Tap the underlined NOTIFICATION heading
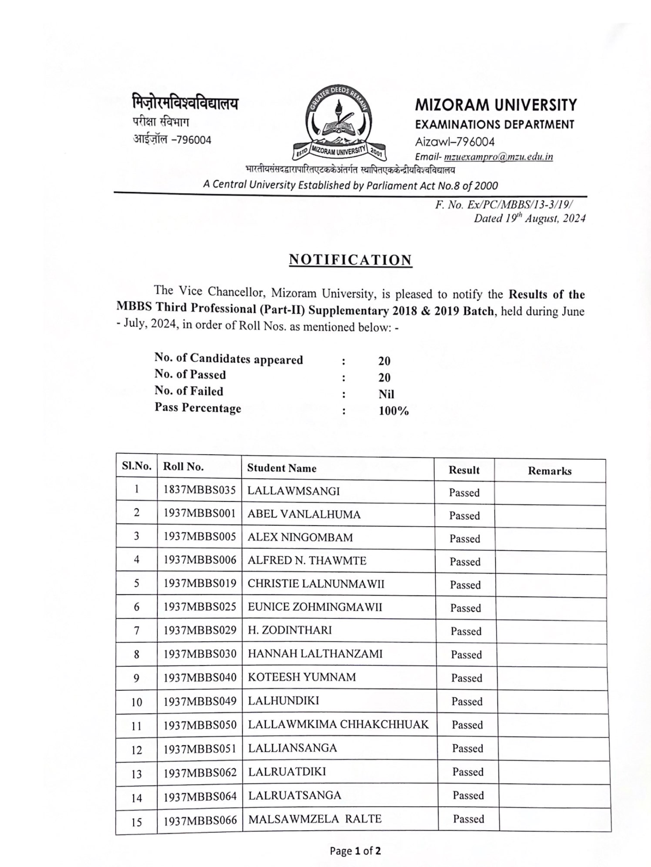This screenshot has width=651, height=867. pyautogui.click(x=350, y=260)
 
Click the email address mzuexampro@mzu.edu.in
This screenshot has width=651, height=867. pyautogui.click(x=498, y=157)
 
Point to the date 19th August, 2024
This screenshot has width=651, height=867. pyautogui.click(x=530, y=218)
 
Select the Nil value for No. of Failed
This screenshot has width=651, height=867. pyautogui.click(x=386, y=394)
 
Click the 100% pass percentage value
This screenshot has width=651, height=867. pyautogui.click(x=393, y=411)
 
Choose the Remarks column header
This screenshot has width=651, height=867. pyautogui.click(x=549, y=471)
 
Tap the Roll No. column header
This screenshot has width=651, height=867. pyautogui.click(x=183, y=467)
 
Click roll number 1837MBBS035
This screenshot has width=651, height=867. pyautogui.click(x=199, y=490)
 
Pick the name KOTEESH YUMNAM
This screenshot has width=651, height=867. pyautogui.click(x=302, y=677)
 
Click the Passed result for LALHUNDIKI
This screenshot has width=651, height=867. pyautogui.click(x=467, y=701)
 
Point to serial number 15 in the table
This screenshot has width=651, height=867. pyautogui.click(x=136, y=822)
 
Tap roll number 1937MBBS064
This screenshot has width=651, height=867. pyautogui.click(x=200, y=796)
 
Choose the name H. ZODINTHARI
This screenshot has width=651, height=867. pyautogui.click(x=290, y=630)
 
